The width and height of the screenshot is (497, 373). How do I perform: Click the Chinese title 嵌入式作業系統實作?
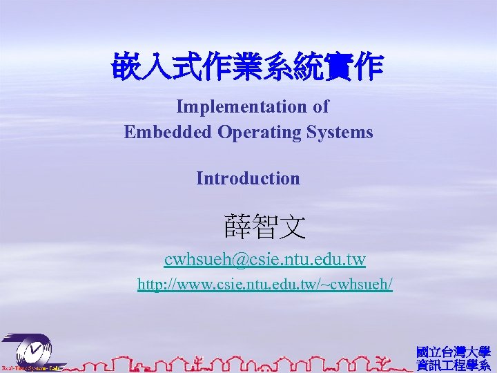[x=248, y=68]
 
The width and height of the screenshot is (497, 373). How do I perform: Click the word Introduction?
[x=248, y=178]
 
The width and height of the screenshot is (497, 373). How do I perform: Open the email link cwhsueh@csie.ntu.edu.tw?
[x=265, y=260]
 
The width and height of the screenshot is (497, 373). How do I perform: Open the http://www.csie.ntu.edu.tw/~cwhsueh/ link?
[x=265, y=284]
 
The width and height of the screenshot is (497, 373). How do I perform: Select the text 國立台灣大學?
[x=453, y=352]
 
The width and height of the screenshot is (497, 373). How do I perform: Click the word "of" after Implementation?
[x=320, y=107]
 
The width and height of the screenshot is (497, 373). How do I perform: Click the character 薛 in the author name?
[x=237, y=226]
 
